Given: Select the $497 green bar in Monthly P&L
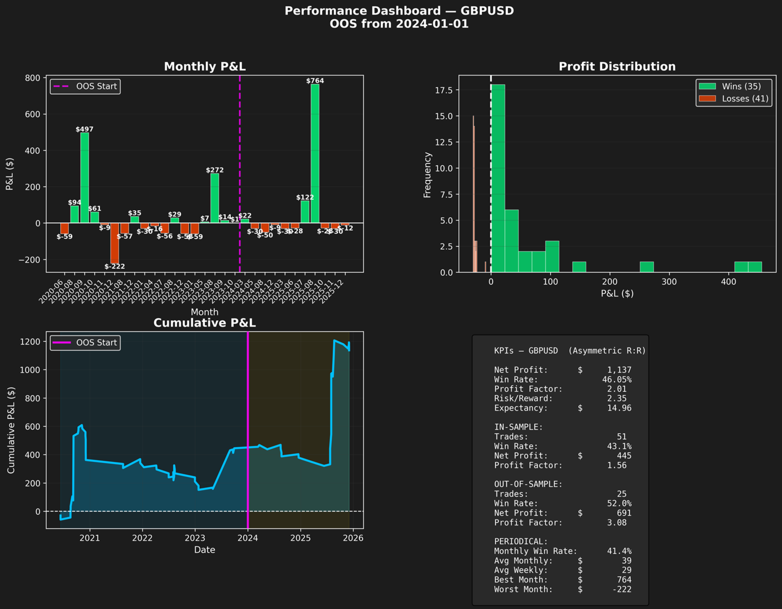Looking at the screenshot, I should click(x=85, y=178).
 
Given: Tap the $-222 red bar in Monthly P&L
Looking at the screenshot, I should click(x=115, y=243).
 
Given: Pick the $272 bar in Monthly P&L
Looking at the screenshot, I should click(x=214, y=198).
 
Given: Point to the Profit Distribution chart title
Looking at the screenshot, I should click(x=617, y=67).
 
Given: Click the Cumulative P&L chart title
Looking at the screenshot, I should click(x=204, y=323).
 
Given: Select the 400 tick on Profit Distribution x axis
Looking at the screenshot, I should click(x=728, y=282).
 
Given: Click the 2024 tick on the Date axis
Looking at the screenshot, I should click(x=248, y=538).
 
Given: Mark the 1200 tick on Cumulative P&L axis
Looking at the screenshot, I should click(x=31, y=342).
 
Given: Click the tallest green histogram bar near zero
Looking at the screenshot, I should click(x=498, y=178).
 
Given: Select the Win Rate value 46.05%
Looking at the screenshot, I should click(x=617, y=379).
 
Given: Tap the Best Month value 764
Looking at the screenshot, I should click(x=623, y=580).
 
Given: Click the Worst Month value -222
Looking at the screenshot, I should click(x=622, y=589).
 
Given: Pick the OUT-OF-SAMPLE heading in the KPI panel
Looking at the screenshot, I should click(x=528, y=484).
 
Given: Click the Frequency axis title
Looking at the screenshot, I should click(x=428, y=175).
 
